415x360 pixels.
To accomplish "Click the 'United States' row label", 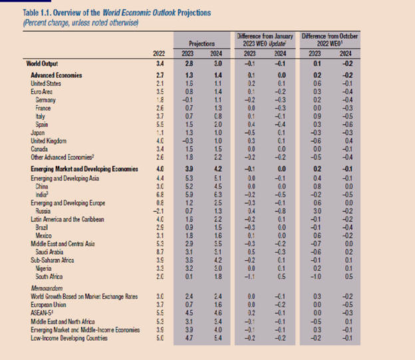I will coord(45,83).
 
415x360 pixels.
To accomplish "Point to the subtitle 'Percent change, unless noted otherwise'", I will coord(80,23).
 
